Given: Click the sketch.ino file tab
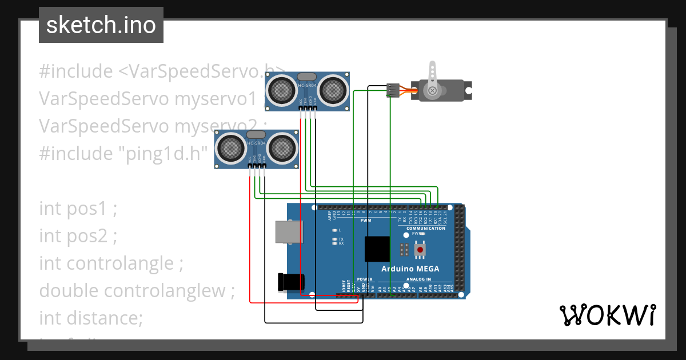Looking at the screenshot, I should point(101,25).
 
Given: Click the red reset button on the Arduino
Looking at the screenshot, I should point(420,250).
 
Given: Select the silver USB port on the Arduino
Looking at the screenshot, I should point(289,232).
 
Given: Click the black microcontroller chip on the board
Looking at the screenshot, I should point(378,249).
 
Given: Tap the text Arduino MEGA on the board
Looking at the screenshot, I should point(410,269).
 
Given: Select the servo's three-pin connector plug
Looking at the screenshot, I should point(393,90).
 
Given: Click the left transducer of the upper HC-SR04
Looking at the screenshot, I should point(281,90).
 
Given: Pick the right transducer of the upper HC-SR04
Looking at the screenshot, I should point(332,90).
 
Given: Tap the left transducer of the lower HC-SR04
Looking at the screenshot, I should point(230,147).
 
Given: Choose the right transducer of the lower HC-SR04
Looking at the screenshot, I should point(281,147).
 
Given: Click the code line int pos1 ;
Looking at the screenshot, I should point(78,209).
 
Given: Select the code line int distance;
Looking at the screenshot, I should point(90,318).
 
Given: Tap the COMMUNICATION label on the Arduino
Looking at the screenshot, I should point(425,229).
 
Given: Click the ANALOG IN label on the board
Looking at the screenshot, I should point(426,279).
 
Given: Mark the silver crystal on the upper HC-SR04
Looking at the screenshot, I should point(306,77).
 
